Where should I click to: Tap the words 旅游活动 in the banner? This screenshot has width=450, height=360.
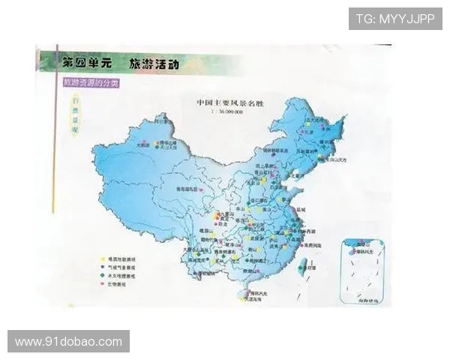(x=153, y=62)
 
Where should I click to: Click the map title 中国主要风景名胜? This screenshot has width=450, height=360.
(x=229, y=102)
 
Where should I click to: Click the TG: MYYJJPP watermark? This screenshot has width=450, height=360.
(x=394, y=19)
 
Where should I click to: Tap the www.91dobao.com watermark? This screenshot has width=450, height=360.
(x=68, y=341)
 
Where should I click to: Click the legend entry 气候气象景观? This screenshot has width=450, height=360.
(x=124, y=268)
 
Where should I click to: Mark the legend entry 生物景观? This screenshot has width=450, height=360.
(x=121, y=285)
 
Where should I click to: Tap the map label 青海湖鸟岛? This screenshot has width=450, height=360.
(x=187, y=188)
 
